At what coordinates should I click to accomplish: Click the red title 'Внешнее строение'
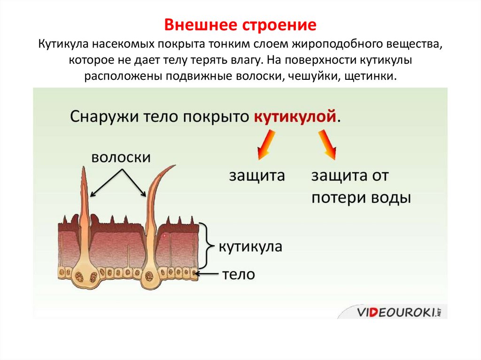240,24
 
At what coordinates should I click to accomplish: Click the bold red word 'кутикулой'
295,116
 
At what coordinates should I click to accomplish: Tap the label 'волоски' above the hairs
121,157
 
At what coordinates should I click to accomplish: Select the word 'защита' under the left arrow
256,176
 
